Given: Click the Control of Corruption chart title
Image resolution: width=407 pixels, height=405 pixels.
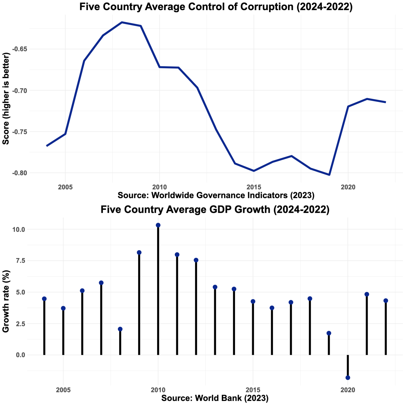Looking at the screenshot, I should pyautogui.click(x=216, y=7).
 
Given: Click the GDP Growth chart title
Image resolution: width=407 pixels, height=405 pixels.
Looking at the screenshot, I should pyautogui.click(x=215, y=209).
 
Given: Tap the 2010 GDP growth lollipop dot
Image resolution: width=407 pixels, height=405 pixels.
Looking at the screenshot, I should pyautogui.click(x=158, y=225).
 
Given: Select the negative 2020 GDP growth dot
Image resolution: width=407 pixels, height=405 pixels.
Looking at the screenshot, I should pyautogui.click(x=348, y=377).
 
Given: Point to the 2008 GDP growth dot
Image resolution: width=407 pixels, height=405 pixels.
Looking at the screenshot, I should pyautogui.click(x=120, y=329).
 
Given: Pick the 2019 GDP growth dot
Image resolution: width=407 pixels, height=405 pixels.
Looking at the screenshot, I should pyautogui.click(x=329, y=333).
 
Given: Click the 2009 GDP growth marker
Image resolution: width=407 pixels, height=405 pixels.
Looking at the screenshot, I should pyautogui.click(x=139, y=252).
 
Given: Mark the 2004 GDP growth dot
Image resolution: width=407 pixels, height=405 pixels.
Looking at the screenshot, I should pyautogui.click(x=44, y=299).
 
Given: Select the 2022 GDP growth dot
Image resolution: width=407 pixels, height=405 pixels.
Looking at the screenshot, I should pyautogui.click(x=386, y=301).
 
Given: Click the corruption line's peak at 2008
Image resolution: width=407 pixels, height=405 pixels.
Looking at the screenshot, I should pyautogui.click(x=122, y=22).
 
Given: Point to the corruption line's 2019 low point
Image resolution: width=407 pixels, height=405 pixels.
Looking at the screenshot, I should pyautogui.click(x=329, y=175).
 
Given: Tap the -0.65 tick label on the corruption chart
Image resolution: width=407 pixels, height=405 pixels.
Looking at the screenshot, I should pyautogui.click(x=19, y=49).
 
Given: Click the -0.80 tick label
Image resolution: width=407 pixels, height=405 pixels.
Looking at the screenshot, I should pyautogui.click(x=19, y=173).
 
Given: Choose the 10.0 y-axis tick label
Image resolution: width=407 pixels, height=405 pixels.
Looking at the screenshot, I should pyautogui.click(x=19, y=230).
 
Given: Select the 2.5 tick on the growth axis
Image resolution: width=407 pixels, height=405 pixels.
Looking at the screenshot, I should pyautogui.click(x=21, y=324).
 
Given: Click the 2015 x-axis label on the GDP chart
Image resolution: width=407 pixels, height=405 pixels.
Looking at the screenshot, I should pyautogui.click(x=253, y=390).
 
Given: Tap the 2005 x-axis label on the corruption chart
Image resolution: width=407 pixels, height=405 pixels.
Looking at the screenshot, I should pyautogui.click(x=65, y=187).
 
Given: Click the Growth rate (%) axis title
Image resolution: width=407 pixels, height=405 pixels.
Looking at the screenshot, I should pyautogui.click(x=6, y=301).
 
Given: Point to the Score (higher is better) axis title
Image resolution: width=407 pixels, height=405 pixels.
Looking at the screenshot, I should pyautogui.click(x=6, y=98).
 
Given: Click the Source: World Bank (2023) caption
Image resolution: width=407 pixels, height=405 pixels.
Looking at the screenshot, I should pyautogui.click(x=215, y=398).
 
